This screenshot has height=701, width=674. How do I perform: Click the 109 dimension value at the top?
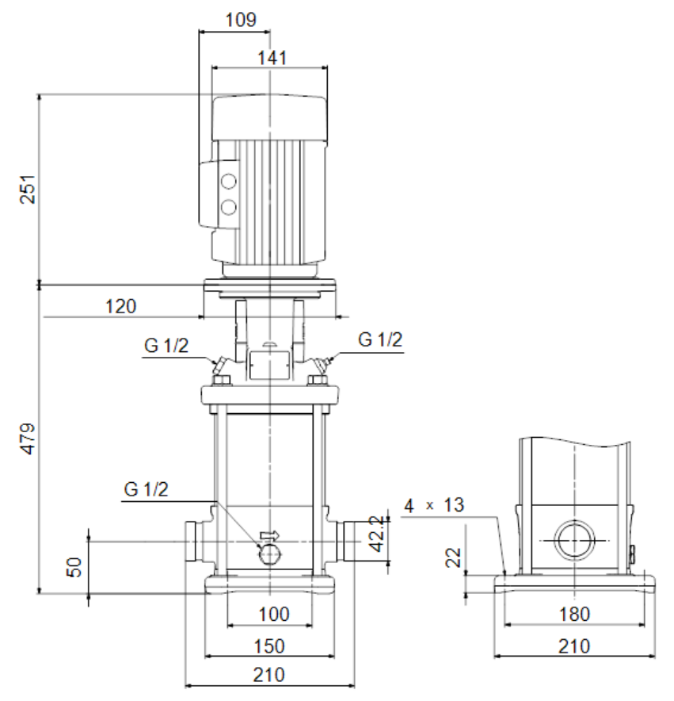[241, 20]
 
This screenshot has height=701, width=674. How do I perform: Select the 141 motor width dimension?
[272, 58]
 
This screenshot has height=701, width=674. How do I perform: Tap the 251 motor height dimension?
[28, 189]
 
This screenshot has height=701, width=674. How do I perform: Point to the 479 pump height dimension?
[28, 439]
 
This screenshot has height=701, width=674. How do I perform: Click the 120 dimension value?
[120, 307]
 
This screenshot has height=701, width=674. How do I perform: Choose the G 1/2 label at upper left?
[166, 346]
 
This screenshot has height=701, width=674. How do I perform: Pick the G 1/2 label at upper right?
[380, 339]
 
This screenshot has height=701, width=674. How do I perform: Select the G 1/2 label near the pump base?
[146, 489]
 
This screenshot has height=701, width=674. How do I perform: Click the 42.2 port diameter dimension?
[378, 534]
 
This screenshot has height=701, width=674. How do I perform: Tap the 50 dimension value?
[74, 567]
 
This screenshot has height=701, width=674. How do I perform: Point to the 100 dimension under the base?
[274, 615]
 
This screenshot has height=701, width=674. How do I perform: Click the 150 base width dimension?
[268, 646]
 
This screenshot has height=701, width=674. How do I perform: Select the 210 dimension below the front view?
[268, 675]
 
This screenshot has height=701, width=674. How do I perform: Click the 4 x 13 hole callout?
[434, 506]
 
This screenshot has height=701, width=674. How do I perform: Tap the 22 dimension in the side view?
[453, 557]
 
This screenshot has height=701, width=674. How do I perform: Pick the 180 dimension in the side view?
[574, 615]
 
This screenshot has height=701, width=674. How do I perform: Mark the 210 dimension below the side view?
[574, 646]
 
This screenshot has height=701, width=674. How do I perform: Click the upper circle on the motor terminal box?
[229, 182]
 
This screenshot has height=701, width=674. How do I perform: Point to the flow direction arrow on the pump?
[270, 534]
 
